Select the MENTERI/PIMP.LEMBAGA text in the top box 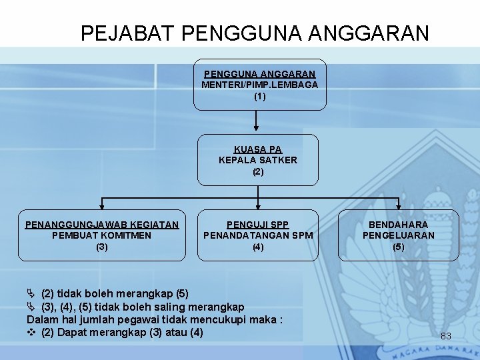pos(259,85)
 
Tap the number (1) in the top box pos(259,96)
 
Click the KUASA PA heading pos(258,149)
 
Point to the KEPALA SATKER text pos(258,160)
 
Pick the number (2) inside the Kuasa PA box pos(258,171)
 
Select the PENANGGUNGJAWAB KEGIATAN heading pos(102,225)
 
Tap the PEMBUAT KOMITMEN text pos(101,235)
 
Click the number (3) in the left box pos(101,247)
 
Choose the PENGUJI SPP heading pos(258,225)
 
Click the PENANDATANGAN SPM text pos(258,235)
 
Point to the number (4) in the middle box pos(258,247)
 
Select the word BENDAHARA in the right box pos(398,225)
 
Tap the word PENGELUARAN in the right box pos(398,235)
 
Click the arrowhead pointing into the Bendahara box pos(398,206)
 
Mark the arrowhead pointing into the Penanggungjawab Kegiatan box pos(101,206)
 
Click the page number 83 pos(446,336)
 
